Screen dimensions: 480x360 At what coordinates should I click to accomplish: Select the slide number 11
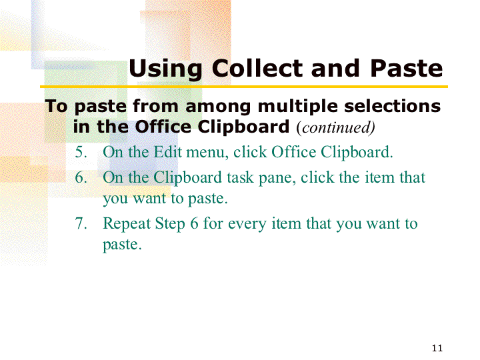(x=437, y=348)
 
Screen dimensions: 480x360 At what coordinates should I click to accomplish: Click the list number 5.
(x=81, y=152)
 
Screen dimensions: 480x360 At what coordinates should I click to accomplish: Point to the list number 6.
(x=81, y=177)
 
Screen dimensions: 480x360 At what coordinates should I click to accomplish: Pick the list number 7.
(x=81, y=223)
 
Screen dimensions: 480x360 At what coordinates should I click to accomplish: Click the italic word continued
(x=336, y=127)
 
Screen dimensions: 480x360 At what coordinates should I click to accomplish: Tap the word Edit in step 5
(x=168, y=152)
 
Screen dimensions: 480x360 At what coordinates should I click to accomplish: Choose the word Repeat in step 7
(x=127, y=224)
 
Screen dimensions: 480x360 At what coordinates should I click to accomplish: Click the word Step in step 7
(x=170, y=224)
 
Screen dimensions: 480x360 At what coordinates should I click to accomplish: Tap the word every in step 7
(x=247, y=225)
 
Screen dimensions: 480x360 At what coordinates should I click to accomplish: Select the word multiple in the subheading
(x=297, y=107)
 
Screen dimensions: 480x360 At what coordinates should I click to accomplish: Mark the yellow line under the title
(x=244, y=87)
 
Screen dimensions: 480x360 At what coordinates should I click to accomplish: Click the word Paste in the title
(x=407, y=68)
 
